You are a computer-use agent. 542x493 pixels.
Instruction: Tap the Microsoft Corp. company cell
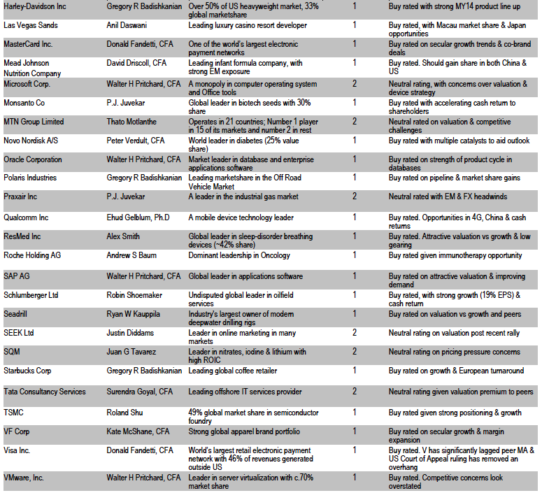click(27, 84)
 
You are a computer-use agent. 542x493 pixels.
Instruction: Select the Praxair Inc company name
click(20, 197)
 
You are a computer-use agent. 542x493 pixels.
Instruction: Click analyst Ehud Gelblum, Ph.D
click(138, 217)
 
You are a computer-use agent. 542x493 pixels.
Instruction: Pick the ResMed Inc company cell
click(22, 236)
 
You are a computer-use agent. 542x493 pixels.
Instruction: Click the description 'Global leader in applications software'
click(245, 276)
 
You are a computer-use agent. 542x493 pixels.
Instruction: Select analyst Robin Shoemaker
click(135, 295)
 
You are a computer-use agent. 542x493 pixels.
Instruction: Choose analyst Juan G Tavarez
click(134, 352)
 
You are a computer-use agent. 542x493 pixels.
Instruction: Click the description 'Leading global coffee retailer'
click(233, 371)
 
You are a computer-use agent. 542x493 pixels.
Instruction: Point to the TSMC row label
click(14, 413)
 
